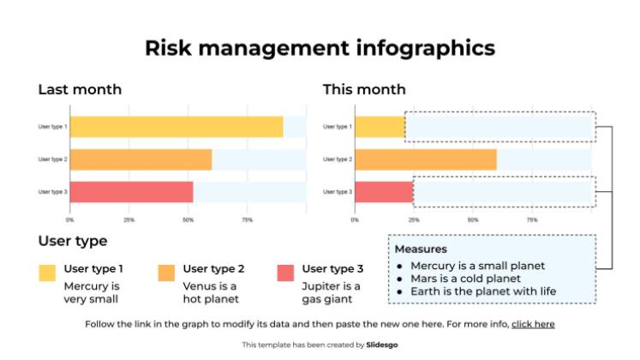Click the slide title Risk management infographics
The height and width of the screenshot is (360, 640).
[x=320, y=48]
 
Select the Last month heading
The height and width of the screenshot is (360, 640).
[x=80, y=89]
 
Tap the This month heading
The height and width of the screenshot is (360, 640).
[x=364, y=89]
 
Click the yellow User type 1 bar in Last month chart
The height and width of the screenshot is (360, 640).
[x=176, y=127]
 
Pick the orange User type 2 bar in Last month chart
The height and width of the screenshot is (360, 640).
[x=141, y=159]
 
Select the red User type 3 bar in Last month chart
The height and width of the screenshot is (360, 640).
[x=131, y=192]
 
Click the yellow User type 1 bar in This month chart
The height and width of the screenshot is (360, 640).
[x=379, y=127]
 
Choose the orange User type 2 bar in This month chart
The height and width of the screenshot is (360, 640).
[x=425, y=159]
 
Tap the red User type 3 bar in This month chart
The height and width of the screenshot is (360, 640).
[x=383, y=192]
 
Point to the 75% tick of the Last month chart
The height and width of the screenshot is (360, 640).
[x=247, y=220]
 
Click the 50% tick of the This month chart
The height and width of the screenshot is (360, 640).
[x=473, y=220]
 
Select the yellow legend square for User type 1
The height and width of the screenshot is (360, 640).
[x=47, y=273]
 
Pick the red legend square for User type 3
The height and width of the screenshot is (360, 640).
[x=286, y=273]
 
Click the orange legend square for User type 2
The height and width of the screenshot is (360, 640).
[x=166, y=273]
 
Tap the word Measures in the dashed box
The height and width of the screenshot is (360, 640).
[x=420, y=249]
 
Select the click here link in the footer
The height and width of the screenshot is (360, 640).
[x=533, y=325]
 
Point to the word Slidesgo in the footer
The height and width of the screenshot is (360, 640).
[x=382, y=345]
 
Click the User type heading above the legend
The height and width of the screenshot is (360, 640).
[x=73, y=241]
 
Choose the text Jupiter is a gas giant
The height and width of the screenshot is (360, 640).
[x=331, y=292]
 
